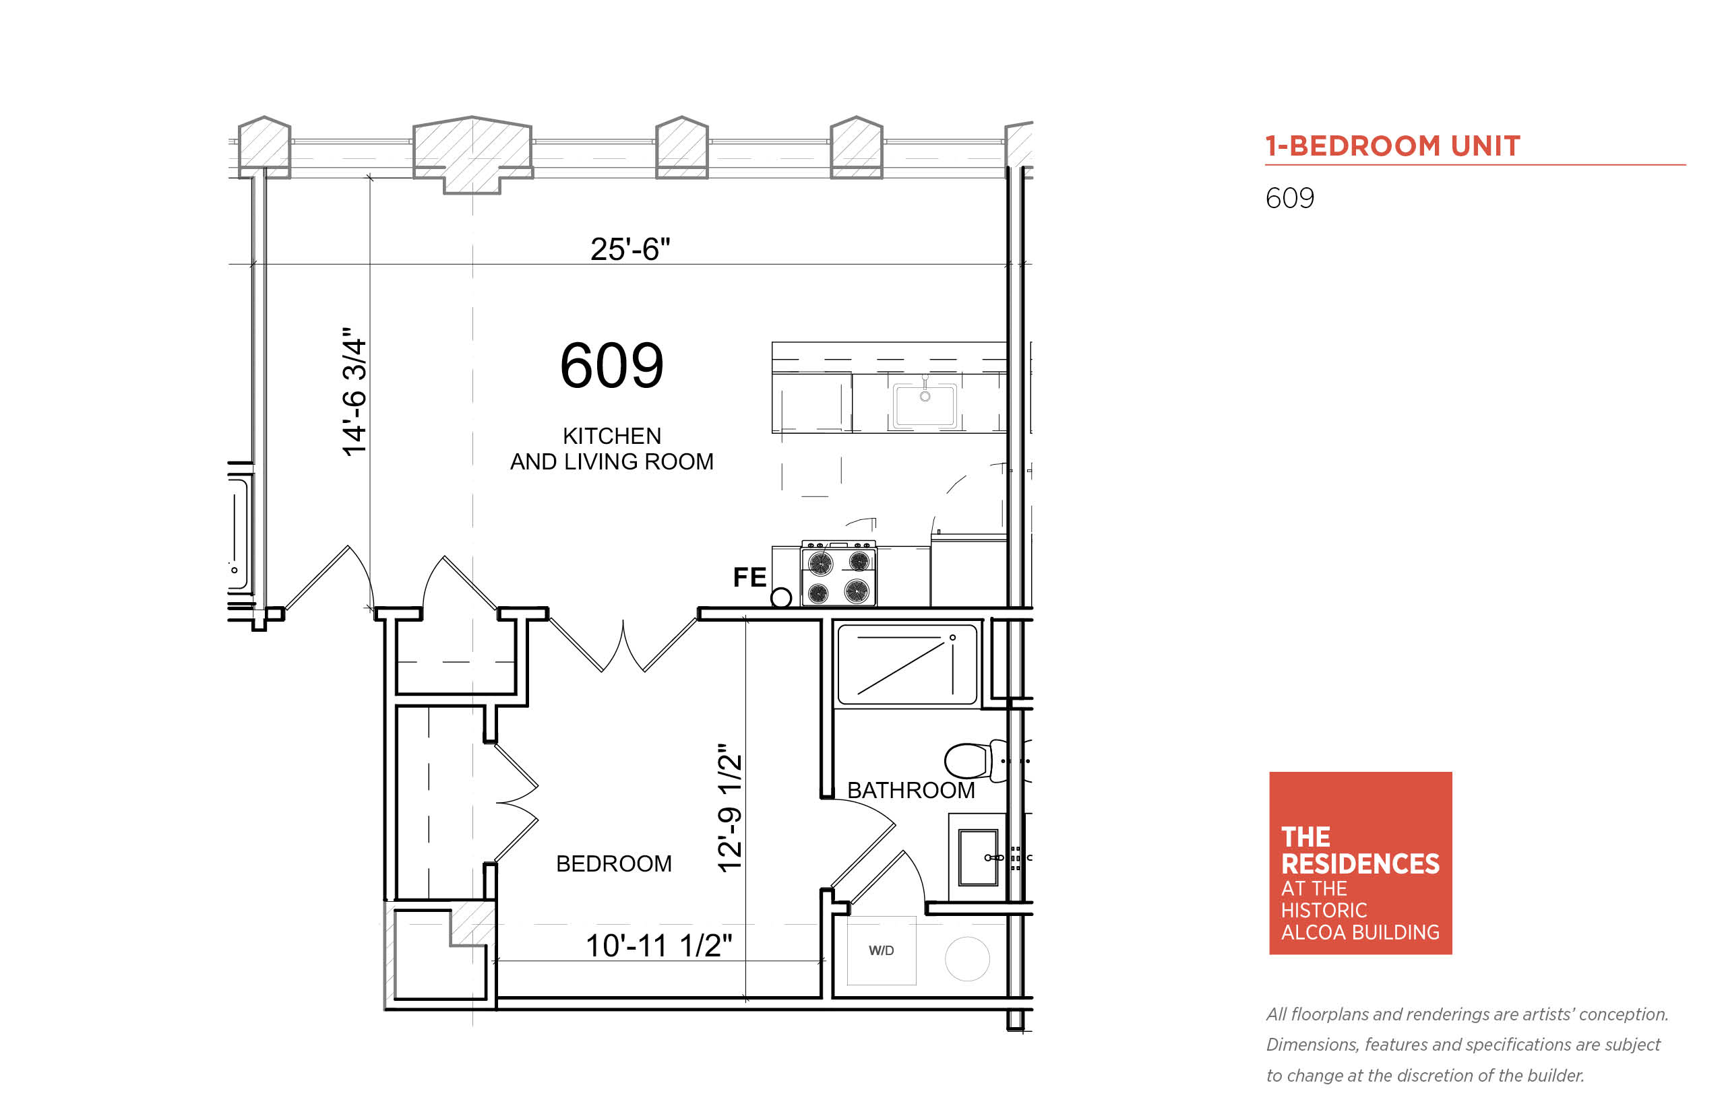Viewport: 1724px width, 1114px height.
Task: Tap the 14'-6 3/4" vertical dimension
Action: pos(355,391)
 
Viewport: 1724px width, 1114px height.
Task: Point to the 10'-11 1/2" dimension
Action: pos(658,946)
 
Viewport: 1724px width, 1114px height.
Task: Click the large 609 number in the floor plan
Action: pos(611,365)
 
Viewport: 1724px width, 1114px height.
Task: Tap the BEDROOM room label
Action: pos(614,863)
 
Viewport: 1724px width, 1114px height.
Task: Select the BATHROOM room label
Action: pos(911,791)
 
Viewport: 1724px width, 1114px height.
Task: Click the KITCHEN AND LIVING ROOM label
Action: pos(611,449)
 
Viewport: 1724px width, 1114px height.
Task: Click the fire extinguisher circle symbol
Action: pos(781,597)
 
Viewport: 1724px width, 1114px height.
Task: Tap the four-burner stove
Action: pos(838,574)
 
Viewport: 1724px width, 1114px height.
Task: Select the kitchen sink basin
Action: pos(924,405)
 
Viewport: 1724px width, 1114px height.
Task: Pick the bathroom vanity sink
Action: pos(979,858)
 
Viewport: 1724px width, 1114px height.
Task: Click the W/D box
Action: pos(881,950)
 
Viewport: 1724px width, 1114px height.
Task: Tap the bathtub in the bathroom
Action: pos(907,665)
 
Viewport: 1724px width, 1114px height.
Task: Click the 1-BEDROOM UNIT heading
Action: pos(1392,146)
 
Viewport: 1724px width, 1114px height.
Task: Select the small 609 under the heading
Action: pos(1290,198)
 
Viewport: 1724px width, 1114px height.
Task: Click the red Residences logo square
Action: pos(1361,863)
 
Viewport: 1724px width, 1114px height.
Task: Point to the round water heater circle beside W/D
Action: pos(967,958)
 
